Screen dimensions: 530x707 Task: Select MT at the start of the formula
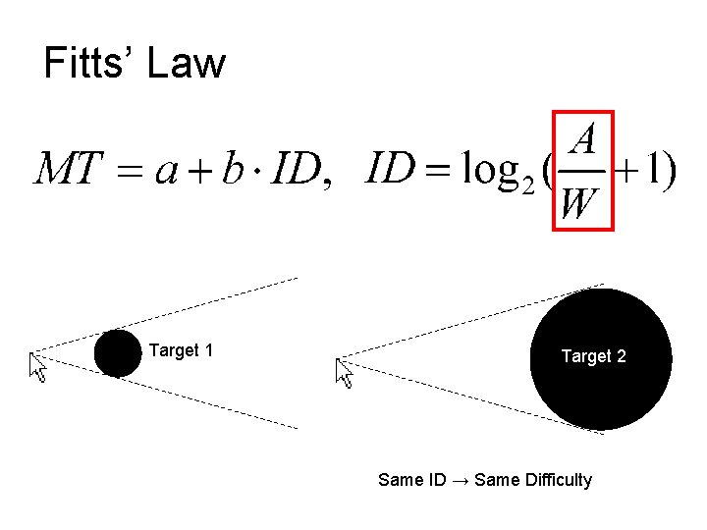68,171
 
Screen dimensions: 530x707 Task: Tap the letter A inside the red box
583,140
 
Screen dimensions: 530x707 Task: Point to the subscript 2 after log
527,186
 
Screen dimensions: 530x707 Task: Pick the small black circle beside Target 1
118,353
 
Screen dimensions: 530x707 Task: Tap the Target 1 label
182,350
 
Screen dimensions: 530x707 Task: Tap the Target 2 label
593,357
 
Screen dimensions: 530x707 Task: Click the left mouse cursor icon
38,368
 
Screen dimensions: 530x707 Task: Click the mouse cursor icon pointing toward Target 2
344,373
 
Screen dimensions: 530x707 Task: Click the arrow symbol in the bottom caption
460,480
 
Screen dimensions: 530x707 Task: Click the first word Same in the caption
399,480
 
